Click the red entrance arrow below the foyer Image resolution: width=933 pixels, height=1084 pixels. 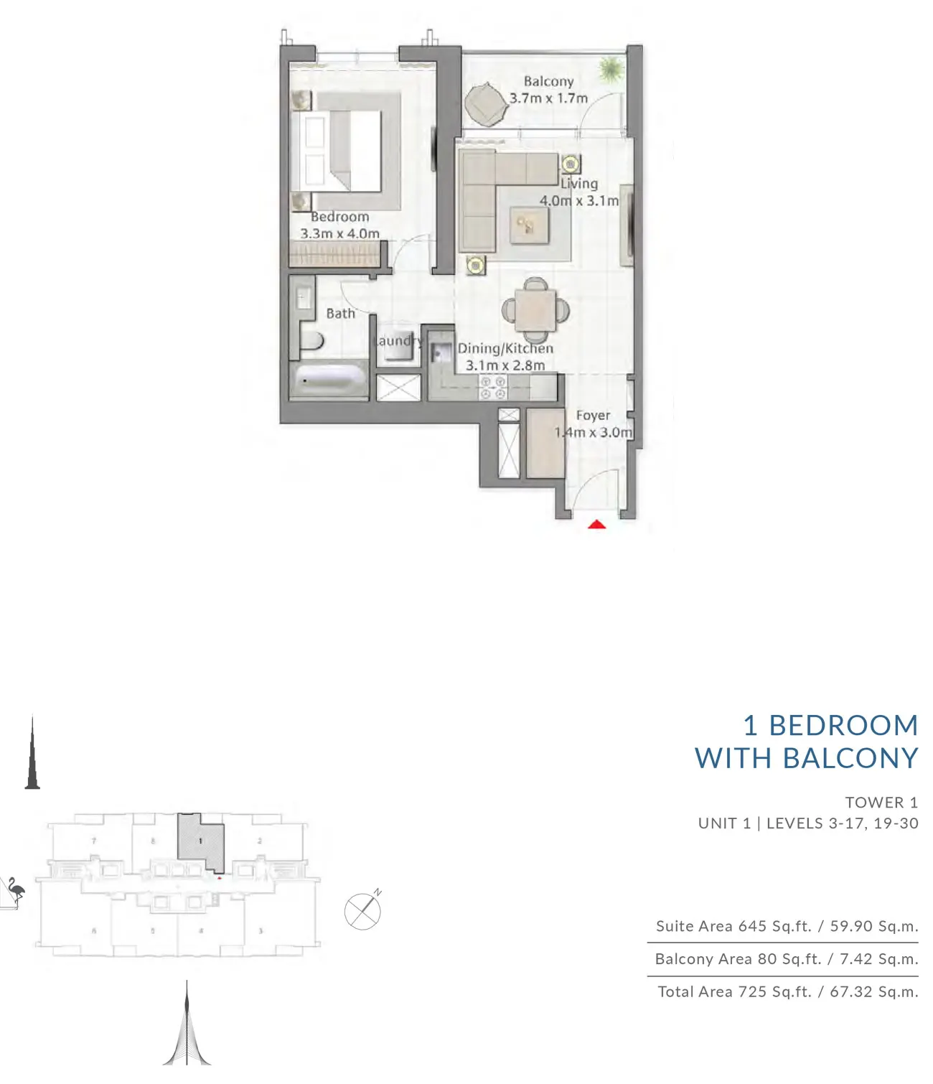pos(597,525)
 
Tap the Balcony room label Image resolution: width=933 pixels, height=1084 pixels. pos(548,81)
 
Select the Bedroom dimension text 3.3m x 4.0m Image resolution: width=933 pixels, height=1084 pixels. pos(339,233)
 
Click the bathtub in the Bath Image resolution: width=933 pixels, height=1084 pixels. pos(329,380)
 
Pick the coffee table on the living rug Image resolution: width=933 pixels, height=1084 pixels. pos(528,226)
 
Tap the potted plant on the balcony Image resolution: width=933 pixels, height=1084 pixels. pos(611,69)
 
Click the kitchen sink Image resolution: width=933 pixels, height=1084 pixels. pos(439,354)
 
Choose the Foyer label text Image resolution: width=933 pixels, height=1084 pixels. pos(593,415)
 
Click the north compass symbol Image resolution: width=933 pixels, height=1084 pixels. pos(363,910)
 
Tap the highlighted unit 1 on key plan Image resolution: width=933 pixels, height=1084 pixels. pos(201,841)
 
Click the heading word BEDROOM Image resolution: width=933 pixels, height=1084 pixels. pos(843,725)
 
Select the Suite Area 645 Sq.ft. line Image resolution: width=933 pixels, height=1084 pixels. pos(787,926)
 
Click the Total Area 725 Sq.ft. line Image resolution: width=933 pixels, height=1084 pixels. pos(787,991)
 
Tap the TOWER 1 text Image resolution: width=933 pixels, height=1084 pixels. pos(881,802)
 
